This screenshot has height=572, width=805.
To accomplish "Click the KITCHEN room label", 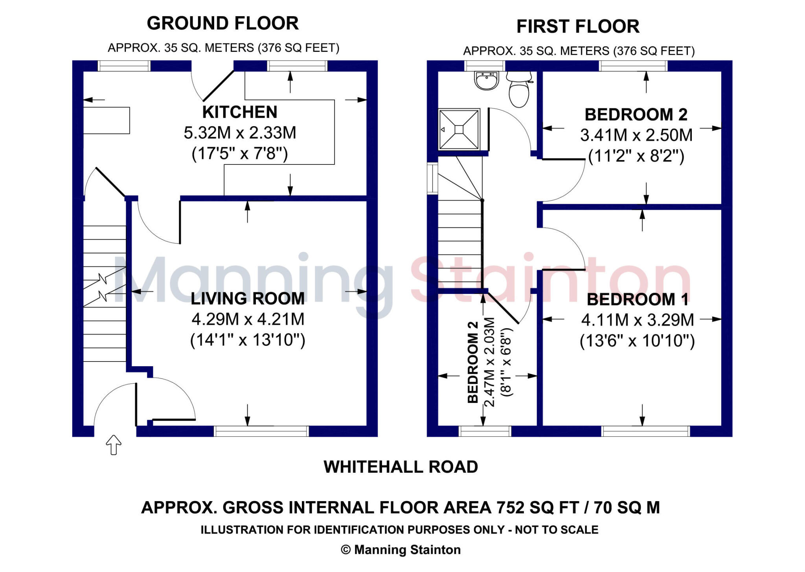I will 239,112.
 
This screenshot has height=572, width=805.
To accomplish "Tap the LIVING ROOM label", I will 247,299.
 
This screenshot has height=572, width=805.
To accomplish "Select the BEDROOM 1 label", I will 637,300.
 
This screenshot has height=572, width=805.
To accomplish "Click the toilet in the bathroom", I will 519,90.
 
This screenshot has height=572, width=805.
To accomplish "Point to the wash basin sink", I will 487,81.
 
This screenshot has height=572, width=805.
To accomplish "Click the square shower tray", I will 459,129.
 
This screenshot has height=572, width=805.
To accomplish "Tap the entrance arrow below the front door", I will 114,445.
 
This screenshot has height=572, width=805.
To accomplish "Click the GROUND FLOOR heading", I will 222,24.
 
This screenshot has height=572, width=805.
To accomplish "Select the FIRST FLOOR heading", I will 577,27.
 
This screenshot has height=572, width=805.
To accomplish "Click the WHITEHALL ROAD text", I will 401,467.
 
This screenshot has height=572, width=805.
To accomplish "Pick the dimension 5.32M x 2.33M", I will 239,133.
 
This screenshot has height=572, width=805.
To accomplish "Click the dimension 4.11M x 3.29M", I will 637,320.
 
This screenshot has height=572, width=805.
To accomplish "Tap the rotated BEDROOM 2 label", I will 473,362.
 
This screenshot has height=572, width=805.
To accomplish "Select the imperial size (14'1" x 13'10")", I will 247,340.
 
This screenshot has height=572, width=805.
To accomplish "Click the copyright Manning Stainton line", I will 401,550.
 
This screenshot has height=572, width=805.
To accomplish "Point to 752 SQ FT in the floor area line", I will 537,507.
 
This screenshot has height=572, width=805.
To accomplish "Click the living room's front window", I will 261,432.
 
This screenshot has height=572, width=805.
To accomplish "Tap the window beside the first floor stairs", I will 432,178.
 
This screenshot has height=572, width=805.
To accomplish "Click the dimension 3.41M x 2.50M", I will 636,135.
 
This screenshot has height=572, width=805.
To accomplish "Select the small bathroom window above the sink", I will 484,66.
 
